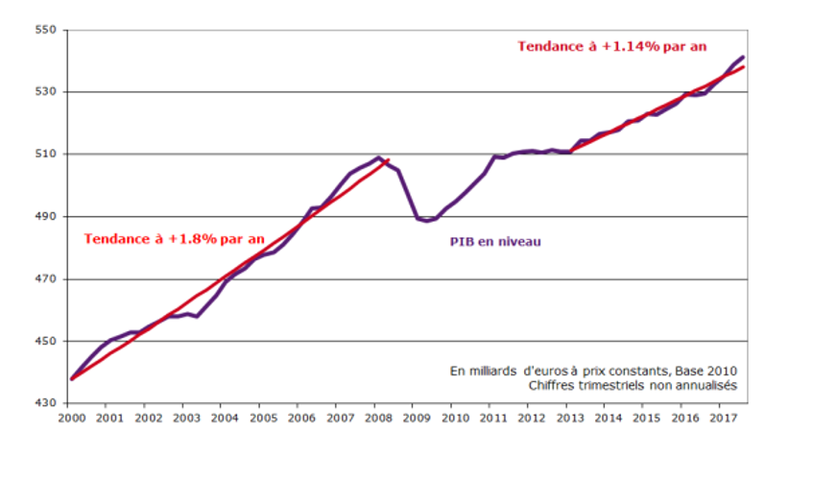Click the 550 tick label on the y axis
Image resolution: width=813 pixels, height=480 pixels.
pyautogui.click(x=46, y=30)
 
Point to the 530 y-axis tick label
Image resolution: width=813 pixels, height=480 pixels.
pyautogui.click(x=46, y=92)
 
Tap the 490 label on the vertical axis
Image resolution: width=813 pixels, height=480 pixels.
pyautogui.click(x=46, y=216)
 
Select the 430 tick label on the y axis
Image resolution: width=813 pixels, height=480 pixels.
pyautogui.click(x=46, y=403)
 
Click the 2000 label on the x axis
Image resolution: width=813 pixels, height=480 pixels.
pyautogui.click(x=72, y=419)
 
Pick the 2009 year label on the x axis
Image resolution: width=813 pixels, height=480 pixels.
pyautogui.click(x=417, y=419)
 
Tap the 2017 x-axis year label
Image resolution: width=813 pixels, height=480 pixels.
pyautogui.click(x=724, y=419)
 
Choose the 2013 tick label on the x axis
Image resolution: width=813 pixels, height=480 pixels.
pyautogui.click(x=570, y=419)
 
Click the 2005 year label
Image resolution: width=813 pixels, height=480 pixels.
pyautogui.click(x=263, y=419)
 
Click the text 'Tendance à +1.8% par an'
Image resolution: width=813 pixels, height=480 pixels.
pyautogui.click(x=175, y=239)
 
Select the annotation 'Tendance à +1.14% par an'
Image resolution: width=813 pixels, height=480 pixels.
pyautogui.click(x=611, y=47)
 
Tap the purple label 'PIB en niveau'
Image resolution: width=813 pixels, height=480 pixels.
pyautogui.click(x=495, y=242)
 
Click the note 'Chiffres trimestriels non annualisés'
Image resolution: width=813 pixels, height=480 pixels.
pyautogui.click(x=633, y=386)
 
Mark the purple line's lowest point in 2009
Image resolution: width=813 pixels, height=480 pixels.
pyautogui.click(x=427, y=222)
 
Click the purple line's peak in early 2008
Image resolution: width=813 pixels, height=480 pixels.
pyautogui.click(x=378, y=157)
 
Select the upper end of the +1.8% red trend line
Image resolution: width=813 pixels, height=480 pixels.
pyautogui.click(x=388, y=159)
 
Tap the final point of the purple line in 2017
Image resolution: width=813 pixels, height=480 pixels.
pyautogui.click(x=743, y=57)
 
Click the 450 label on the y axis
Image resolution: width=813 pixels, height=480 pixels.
pyautogui.click(x=46, y=341)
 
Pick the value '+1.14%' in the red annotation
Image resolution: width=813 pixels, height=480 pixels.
pyautogui.click(x=631, y=47)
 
